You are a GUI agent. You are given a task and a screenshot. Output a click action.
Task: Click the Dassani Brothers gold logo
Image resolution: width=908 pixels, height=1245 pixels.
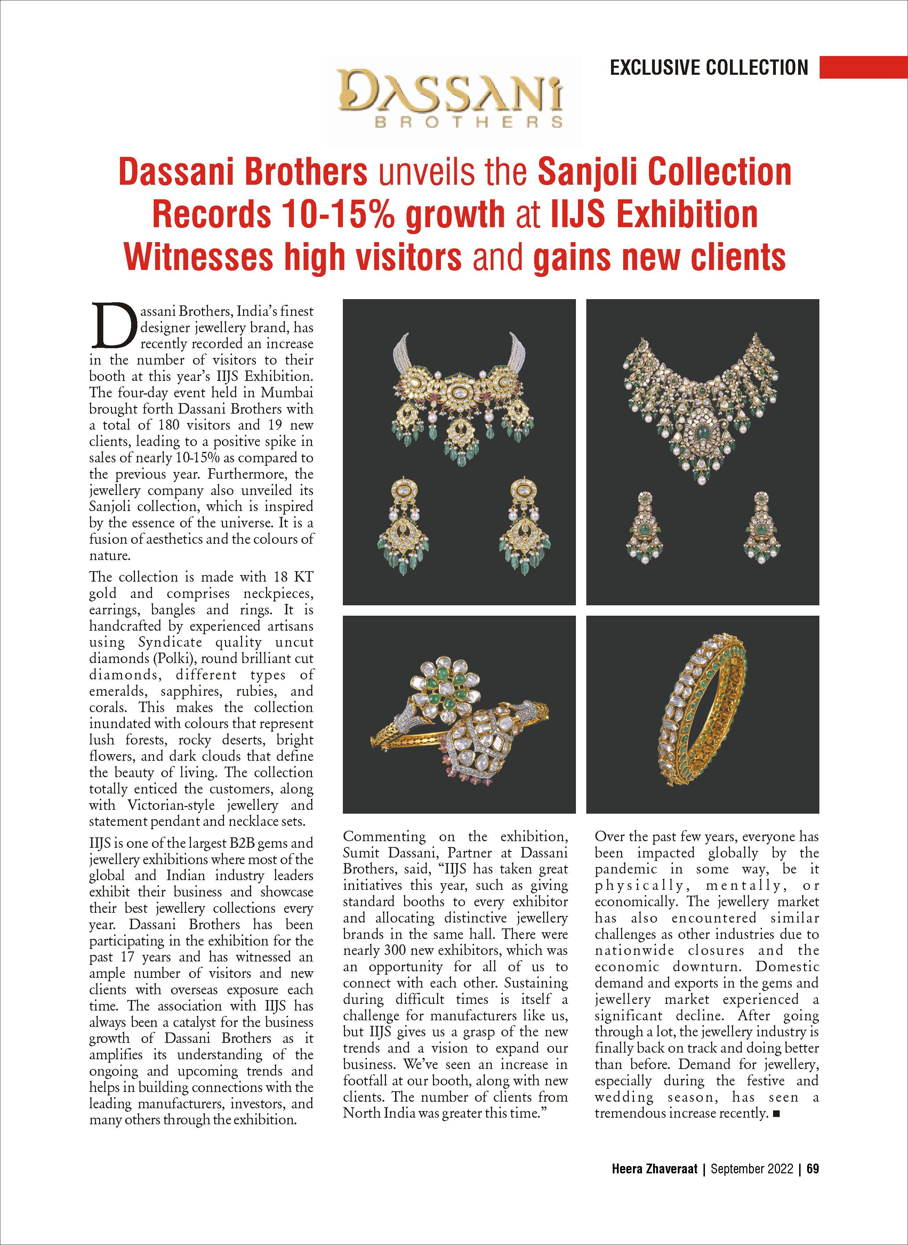coord(453,98)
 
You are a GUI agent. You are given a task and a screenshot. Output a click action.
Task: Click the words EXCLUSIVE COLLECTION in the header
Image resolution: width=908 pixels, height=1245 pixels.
coord(709,67)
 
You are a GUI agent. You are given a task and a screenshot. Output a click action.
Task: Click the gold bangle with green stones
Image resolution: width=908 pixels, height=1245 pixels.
coord(704,714)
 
